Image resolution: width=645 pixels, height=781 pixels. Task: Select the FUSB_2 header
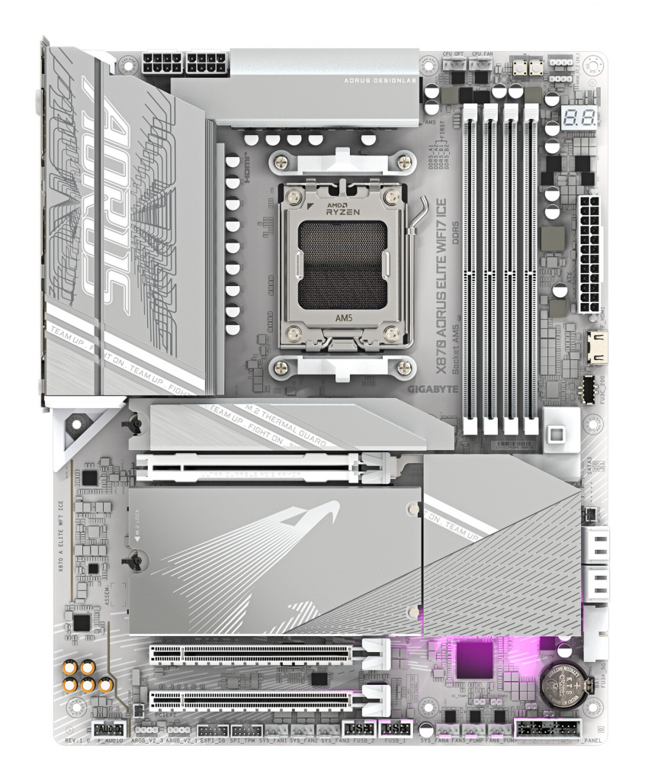pyautogui.click(x=357, y=728)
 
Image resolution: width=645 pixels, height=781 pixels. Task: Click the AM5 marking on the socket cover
pyautogui.click(x=342, y=310)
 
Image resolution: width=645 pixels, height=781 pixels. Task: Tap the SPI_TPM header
pyautogui.click(x=246, y=730)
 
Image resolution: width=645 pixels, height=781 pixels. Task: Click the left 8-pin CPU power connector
pyautogui.click(x=160, y=64)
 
